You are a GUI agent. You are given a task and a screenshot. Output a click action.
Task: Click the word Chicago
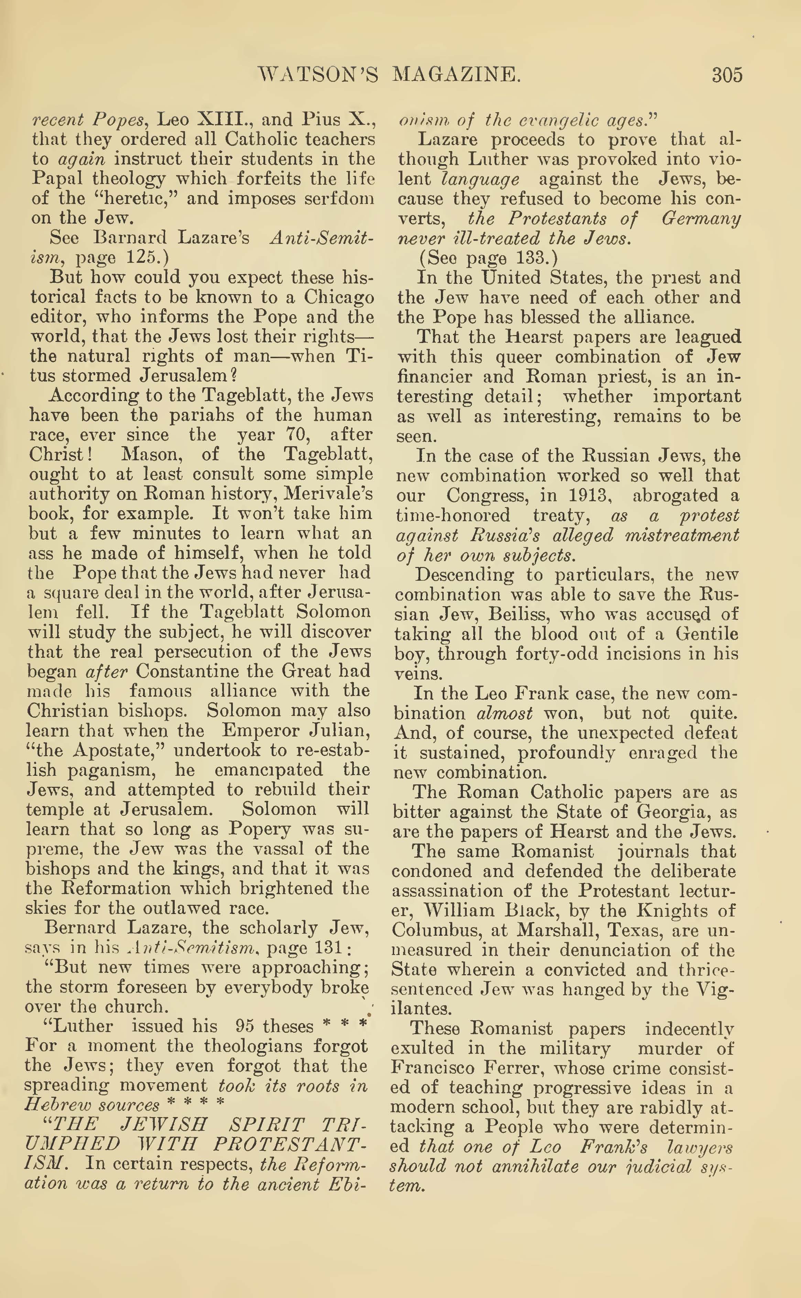coord(339,297)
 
